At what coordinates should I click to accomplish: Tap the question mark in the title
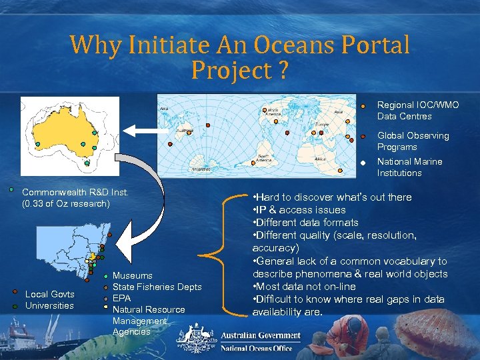click(x=283, y=69)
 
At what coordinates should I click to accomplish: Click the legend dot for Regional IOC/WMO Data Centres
click(x=363, y=105)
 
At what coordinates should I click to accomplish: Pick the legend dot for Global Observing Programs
click(x=363, y=136)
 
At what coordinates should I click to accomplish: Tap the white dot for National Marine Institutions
click(x=363, y=162)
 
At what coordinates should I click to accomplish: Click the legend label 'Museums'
click(x=132, y=275)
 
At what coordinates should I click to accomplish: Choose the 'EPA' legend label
click(x=121, y=298)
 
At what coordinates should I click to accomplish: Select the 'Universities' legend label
click(x=49, y=305)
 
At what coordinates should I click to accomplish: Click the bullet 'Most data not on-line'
click(x=304, y=287)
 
